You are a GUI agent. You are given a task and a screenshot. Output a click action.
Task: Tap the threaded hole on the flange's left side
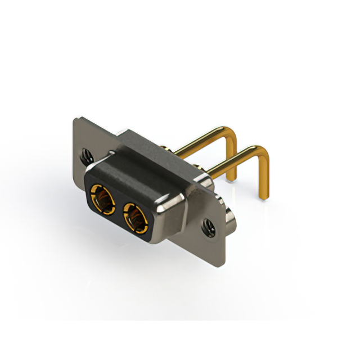[x=86, y=155]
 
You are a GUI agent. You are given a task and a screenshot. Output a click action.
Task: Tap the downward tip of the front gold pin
[x=263, y=194]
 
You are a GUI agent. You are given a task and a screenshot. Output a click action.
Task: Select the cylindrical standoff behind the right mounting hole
[x=230, y=217]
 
